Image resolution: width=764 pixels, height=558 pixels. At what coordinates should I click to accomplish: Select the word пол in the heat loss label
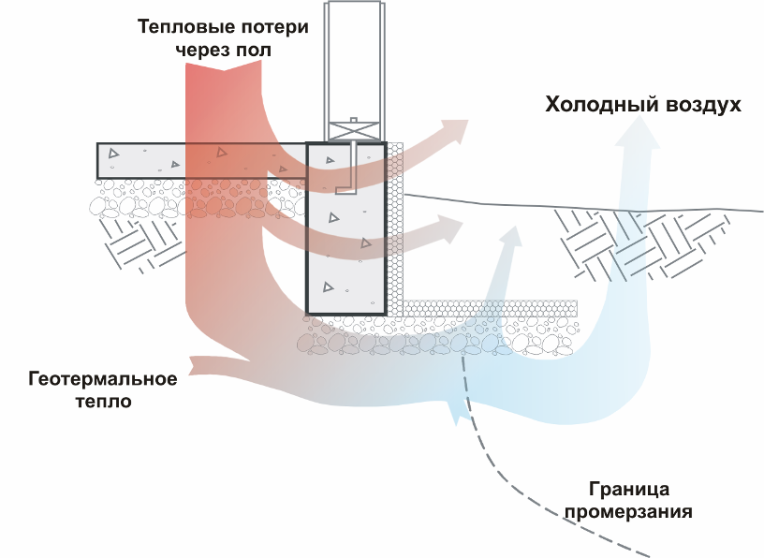click(255, 51)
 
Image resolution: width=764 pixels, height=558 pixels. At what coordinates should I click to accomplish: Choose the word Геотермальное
click(104, 379)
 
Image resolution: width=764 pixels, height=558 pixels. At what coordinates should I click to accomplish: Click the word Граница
click(630, 489)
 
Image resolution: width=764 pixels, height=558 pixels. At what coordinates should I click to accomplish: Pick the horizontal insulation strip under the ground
click(487, 308)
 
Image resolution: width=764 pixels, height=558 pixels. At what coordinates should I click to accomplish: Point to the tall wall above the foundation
click(353, 56)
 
